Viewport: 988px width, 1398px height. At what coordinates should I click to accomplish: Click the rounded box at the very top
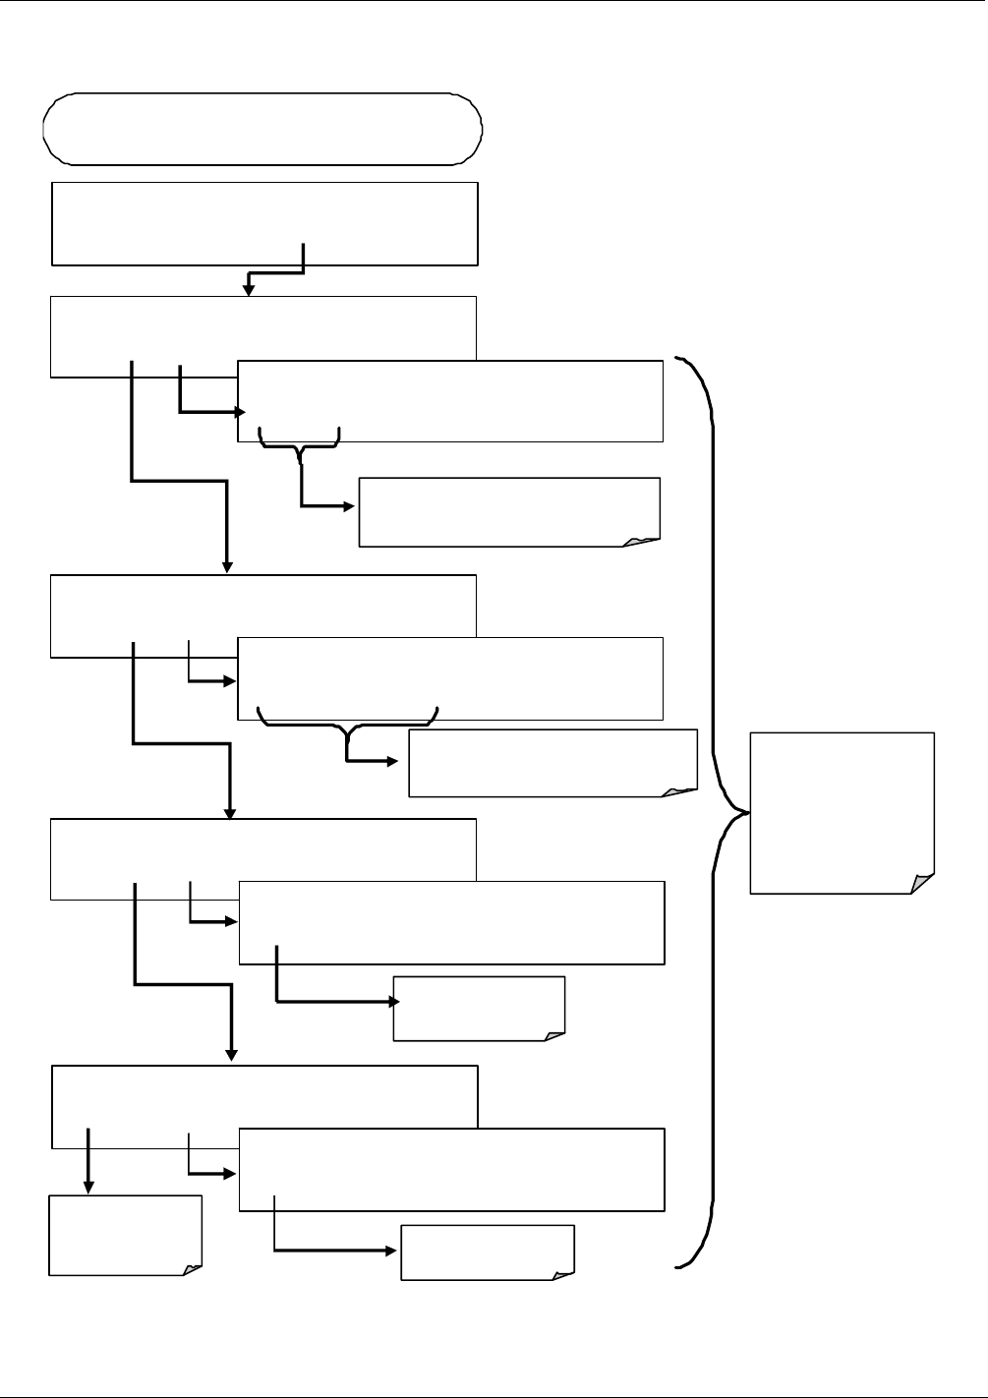click(263, 128)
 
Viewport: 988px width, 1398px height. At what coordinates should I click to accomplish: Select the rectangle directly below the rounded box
click(263, 223)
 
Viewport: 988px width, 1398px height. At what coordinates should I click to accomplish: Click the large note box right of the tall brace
click(842, 812)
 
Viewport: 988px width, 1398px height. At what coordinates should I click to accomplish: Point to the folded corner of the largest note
click(922, 882)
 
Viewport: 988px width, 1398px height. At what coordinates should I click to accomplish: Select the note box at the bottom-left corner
click(126, 1235)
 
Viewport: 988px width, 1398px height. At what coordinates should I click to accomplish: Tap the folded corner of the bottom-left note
click(192, 1268)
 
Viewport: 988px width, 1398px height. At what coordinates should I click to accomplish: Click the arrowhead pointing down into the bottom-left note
click(88, 1187)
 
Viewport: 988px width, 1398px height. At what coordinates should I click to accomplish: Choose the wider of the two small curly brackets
click(347, 720)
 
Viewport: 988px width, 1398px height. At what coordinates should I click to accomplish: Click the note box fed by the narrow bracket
click(509, 511)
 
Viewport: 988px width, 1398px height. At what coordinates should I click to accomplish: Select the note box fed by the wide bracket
click(552, 762)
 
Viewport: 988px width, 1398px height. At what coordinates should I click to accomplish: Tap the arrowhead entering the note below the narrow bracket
click(352, 507)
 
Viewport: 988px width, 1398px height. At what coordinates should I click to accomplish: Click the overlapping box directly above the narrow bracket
click(450, 401)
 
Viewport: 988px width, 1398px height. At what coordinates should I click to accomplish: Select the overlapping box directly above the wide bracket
click(450, 678)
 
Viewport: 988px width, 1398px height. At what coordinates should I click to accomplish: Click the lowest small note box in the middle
click(487, 1252)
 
